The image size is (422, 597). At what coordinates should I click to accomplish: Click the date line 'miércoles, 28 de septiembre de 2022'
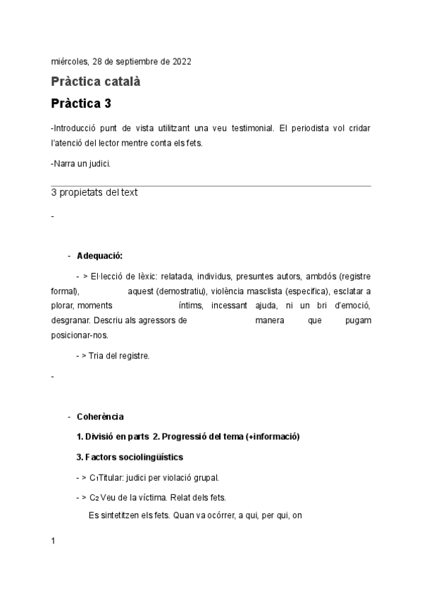(x=121, y=61)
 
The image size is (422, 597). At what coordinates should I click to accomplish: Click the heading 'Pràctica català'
(x=96, y=82)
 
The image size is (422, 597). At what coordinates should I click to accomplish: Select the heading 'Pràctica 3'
(x=81, y=103)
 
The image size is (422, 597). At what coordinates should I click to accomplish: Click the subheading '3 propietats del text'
(x=94, y=192)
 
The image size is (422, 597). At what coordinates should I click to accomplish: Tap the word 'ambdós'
(x=319, y=276)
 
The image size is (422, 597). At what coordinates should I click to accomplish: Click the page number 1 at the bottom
(x=54, y=541)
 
